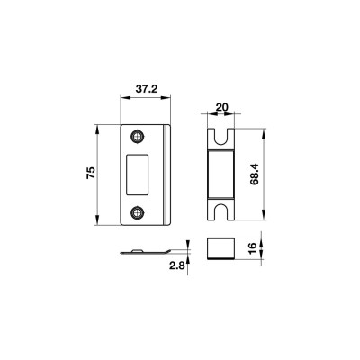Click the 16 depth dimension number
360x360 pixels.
coord(255,246)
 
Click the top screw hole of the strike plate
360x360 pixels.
coord(138,137)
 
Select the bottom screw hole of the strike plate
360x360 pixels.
coord(138,212)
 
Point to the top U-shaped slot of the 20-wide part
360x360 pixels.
coord(220,137)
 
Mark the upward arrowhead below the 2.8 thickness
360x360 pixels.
coord(186,259)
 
